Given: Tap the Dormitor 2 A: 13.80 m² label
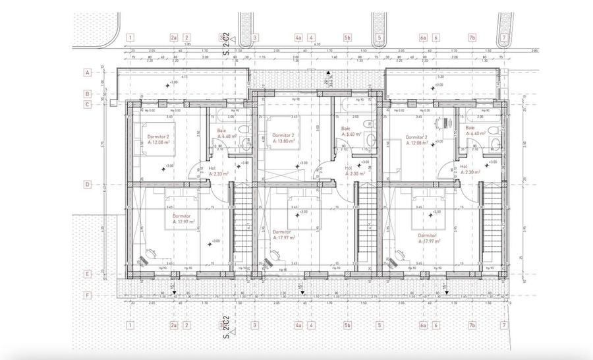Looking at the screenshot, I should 283,138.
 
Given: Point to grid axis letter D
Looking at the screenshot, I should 86,185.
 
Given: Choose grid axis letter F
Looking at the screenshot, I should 86,295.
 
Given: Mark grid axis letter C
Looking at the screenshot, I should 86,104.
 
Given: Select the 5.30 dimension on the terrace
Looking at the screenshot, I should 440,77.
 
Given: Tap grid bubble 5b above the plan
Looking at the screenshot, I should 348,38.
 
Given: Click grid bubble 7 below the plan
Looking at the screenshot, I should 504,325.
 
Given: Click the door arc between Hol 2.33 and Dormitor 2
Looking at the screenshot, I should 196,173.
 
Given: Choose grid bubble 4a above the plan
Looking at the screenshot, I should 298,38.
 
